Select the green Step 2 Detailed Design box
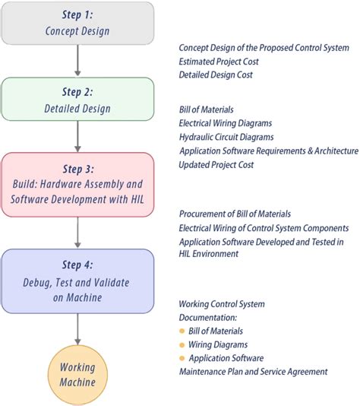click(77, 100)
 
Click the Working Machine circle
click(77, 373)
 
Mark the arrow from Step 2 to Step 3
click(77, 138)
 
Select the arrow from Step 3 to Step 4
click(77, 233)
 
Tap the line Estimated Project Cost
click(220, 61)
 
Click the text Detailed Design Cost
click(216, 75)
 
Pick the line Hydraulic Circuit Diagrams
click(226, 137)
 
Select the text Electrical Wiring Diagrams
click(226, 123)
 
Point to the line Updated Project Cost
click(216, 164)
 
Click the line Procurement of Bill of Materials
click(235, 214)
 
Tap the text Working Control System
click(222, 304)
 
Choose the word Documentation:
click(208, 317)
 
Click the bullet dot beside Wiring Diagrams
click(182, 344)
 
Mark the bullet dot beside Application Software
click(182, 358)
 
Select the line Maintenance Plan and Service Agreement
click(253, 372)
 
